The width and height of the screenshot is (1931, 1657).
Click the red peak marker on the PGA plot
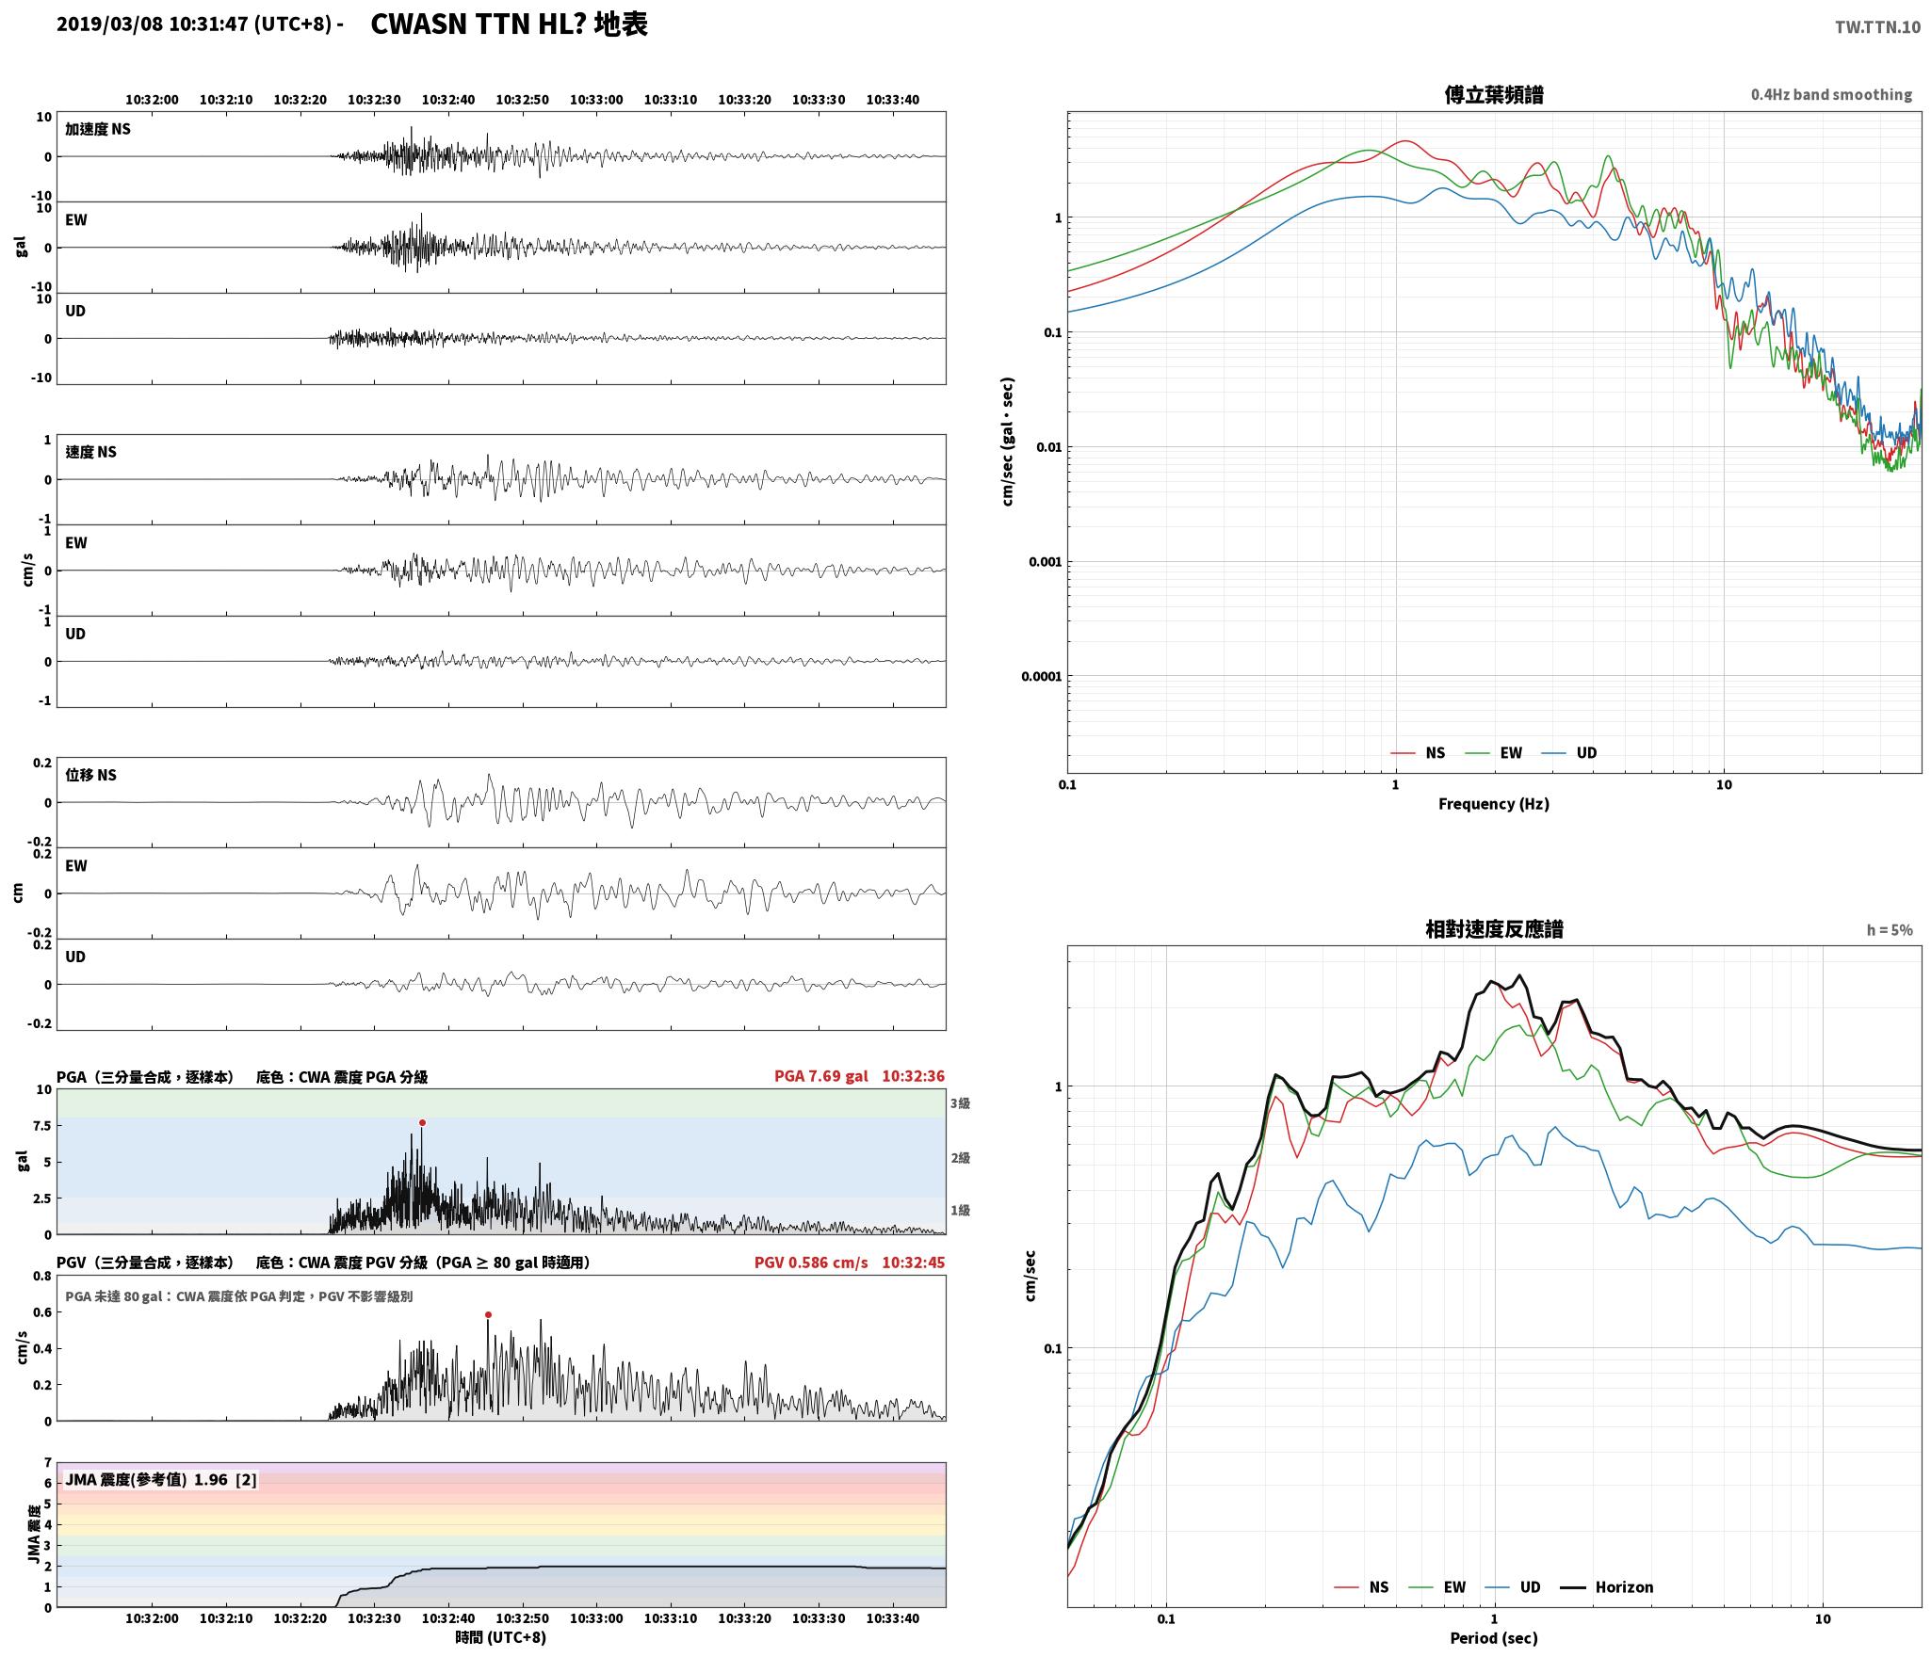coord(422,1122)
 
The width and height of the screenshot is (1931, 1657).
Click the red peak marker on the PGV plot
coord(488,1314)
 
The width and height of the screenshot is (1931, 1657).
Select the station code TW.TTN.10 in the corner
coord(1877,27)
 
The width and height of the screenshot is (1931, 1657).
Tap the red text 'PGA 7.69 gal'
coord(819,1076)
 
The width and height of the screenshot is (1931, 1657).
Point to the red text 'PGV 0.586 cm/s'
coord(811,1263)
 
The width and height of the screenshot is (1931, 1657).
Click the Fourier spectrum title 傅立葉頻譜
coord(1493,94)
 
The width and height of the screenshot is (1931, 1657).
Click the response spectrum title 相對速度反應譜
coord(1494,929)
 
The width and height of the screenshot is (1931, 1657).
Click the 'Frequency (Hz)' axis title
coord(1493,803)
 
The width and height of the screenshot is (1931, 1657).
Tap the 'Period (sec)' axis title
coord(1493,1638)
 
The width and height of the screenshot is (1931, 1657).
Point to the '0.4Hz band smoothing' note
coord(1831,95)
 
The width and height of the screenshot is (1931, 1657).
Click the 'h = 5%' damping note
coord(1890,930)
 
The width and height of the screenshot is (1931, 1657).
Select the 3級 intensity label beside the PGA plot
coord(960,1103)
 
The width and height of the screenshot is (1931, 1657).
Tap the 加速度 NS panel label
coord(98,129)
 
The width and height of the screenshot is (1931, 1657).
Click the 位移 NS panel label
coord(90,775)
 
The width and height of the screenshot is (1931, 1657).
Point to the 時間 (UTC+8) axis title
coord(500,1637)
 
